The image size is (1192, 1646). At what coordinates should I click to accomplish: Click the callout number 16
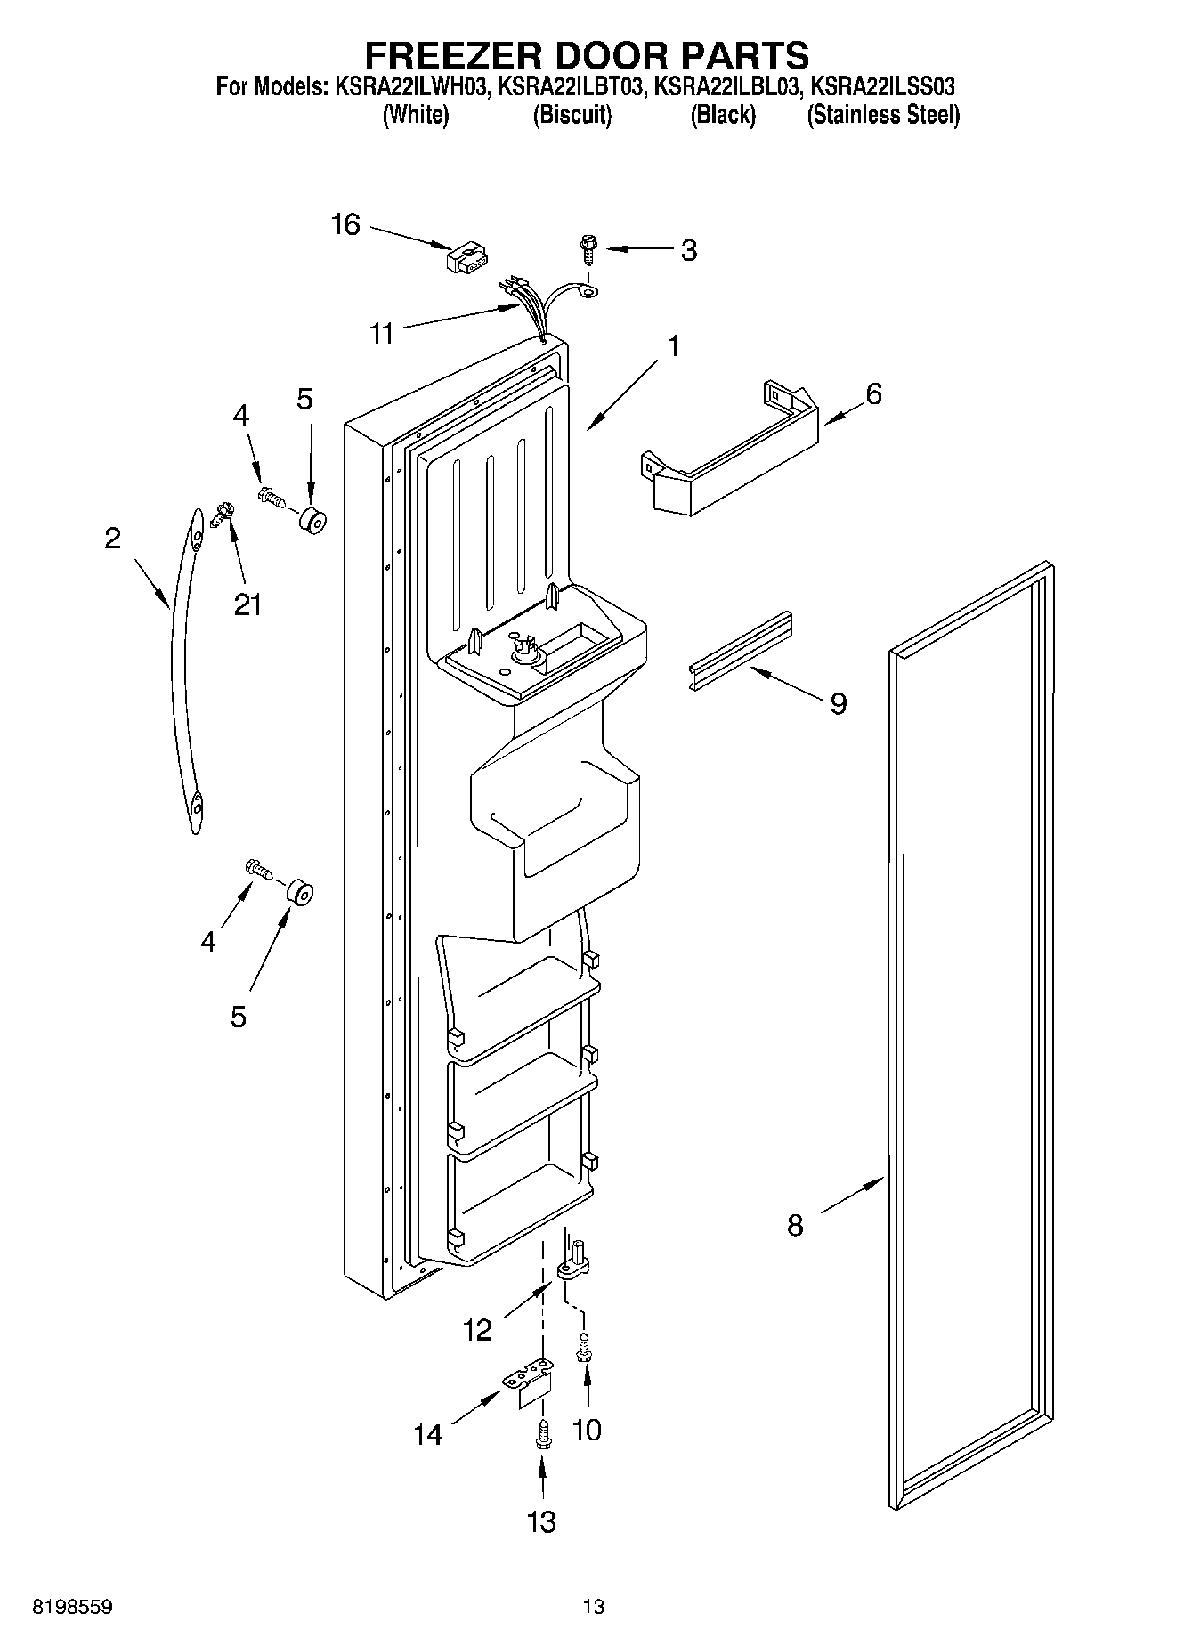pos(345,224)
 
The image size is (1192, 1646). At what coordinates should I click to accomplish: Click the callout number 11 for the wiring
pos(382,334)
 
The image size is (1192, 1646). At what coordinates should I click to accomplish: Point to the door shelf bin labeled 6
pos(730,454)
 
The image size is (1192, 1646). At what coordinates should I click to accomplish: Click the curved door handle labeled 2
pos(183,668)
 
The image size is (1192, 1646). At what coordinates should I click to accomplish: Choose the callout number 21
pos(247,604)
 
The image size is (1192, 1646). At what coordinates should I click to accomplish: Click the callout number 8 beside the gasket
pos(795,1225)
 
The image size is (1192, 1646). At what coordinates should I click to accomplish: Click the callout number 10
pos(587,1430)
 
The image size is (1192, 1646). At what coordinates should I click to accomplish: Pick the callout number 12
pos(478,1330)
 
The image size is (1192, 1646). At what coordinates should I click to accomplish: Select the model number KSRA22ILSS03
pos(884,87)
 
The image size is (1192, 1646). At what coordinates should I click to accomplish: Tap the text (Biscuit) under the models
pos(572,115)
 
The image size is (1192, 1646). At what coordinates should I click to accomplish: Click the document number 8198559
pos(72,1607)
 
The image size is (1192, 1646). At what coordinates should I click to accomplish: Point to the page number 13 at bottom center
pos(594,1607)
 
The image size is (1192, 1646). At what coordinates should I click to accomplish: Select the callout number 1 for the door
pos(674,345)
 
